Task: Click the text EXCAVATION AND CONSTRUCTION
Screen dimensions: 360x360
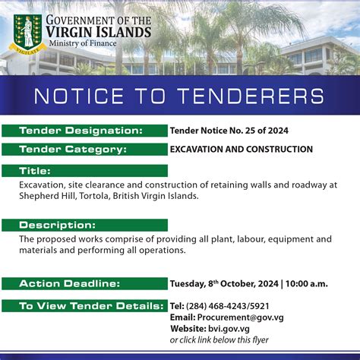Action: pyautogui.click(x=242, y=149)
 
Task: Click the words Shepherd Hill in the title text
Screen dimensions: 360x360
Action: pyautogui.click(x=49, y=195)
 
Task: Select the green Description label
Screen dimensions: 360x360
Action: pyautogui.click(x=53, y=226)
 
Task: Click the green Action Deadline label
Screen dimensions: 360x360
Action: pyautogui.click(x=69, y=284)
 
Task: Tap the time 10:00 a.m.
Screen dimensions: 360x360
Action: pyautogui.click(x=307, y=284)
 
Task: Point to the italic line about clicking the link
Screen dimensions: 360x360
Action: pyautogui.click(x=219, y=339)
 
